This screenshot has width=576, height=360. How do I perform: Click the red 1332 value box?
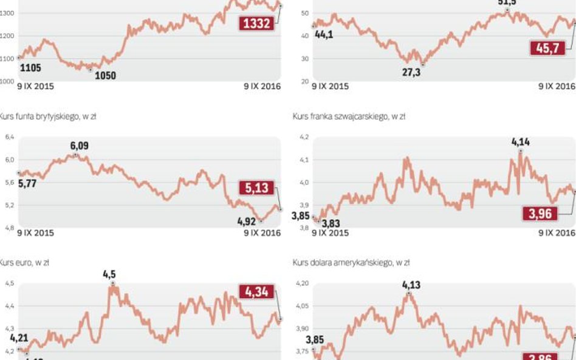[x=256, y=24]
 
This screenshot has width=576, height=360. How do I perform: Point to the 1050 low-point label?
[x=103, y=76]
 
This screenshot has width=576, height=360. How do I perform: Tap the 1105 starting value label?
[x=30, y=67]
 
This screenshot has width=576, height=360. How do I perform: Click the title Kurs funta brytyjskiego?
[x=47, y=117]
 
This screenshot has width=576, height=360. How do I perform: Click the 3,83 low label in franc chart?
[x=331, y=224]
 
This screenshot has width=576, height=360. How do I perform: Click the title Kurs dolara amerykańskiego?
[x=351, y=263]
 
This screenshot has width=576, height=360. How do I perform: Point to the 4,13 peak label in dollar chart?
[x=411, y=285]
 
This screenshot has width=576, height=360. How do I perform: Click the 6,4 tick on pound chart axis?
[x=9, y=138]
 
